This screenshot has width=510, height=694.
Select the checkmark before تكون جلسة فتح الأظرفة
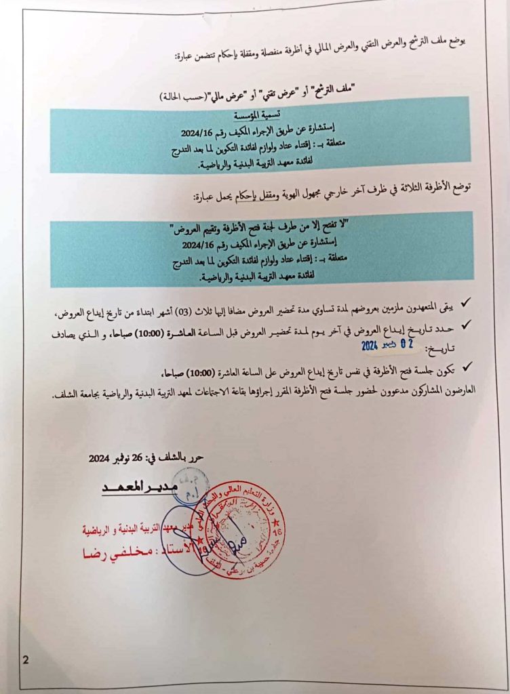[x=465, y=367]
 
